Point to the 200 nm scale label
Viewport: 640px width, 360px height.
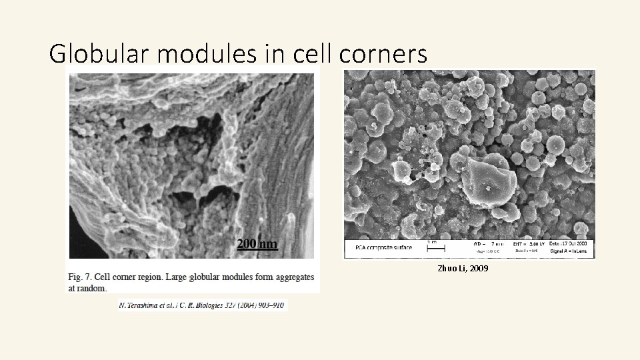pyautogui.click(x=257, y=244)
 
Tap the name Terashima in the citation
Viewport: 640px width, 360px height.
pyautogui.click(x=146, y=305)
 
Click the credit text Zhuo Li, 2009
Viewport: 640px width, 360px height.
pyautogui.click(x=463, y=269)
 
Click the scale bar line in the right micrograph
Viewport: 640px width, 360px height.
pyautogui.click(x=436, y=248)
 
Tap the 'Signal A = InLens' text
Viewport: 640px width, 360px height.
pyautogui.click(x=571, y=252)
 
